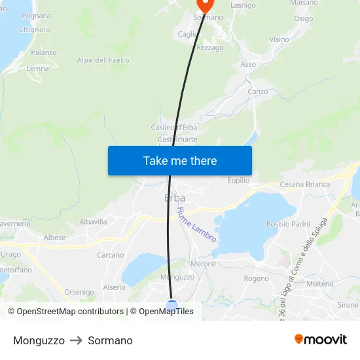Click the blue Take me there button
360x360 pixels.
(x=180, y=160)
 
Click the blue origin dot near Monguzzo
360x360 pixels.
(x=171, y=305)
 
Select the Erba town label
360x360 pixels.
(x=175, y=198)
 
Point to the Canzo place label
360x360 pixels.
(x=258, y=92)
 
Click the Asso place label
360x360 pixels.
(x=248, y=64)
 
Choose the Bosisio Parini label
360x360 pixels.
(x=288, y=224)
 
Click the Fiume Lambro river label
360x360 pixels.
(x=196, y=225)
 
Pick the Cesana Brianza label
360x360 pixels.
(x=305, y=185)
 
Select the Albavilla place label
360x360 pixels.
(x=93, y=222)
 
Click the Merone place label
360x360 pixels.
(x=203, y=264)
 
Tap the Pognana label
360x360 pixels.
(x=36, y=16)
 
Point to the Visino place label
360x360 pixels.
(x=279, y=39)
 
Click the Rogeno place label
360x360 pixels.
(x=256, y=278)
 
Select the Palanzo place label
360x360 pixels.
(x=44, y=52)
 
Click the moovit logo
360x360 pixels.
(x=321, y=340)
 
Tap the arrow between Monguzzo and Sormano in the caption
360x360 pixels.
(x=76, y=340)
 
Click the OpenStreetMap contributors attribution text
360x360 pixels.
(x=65, y=312)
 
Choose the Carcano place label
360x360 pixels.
(x=110, y=255)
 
